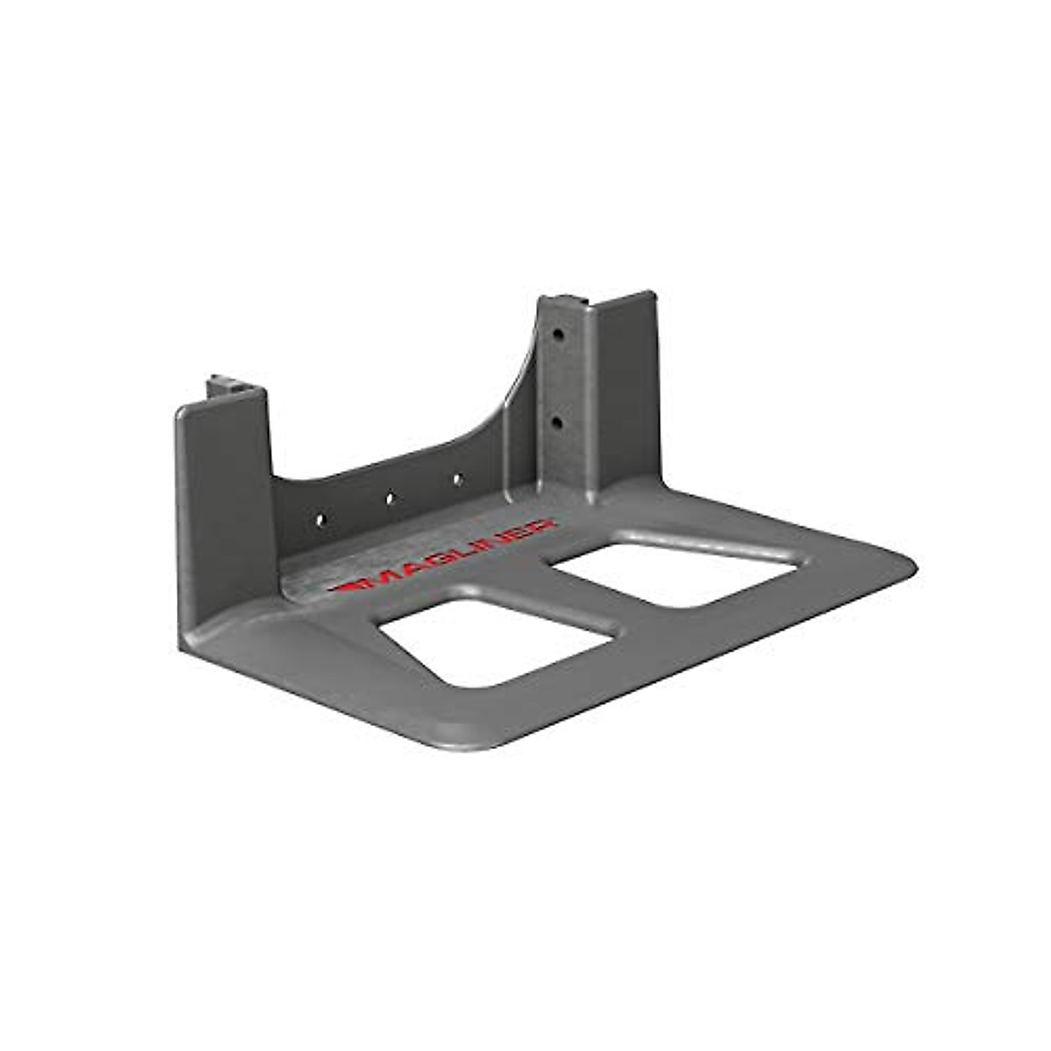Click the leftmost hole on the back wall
point(320,519)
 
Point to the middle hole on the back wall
point(391,498)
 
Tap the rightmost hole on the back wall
point(456,479)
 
